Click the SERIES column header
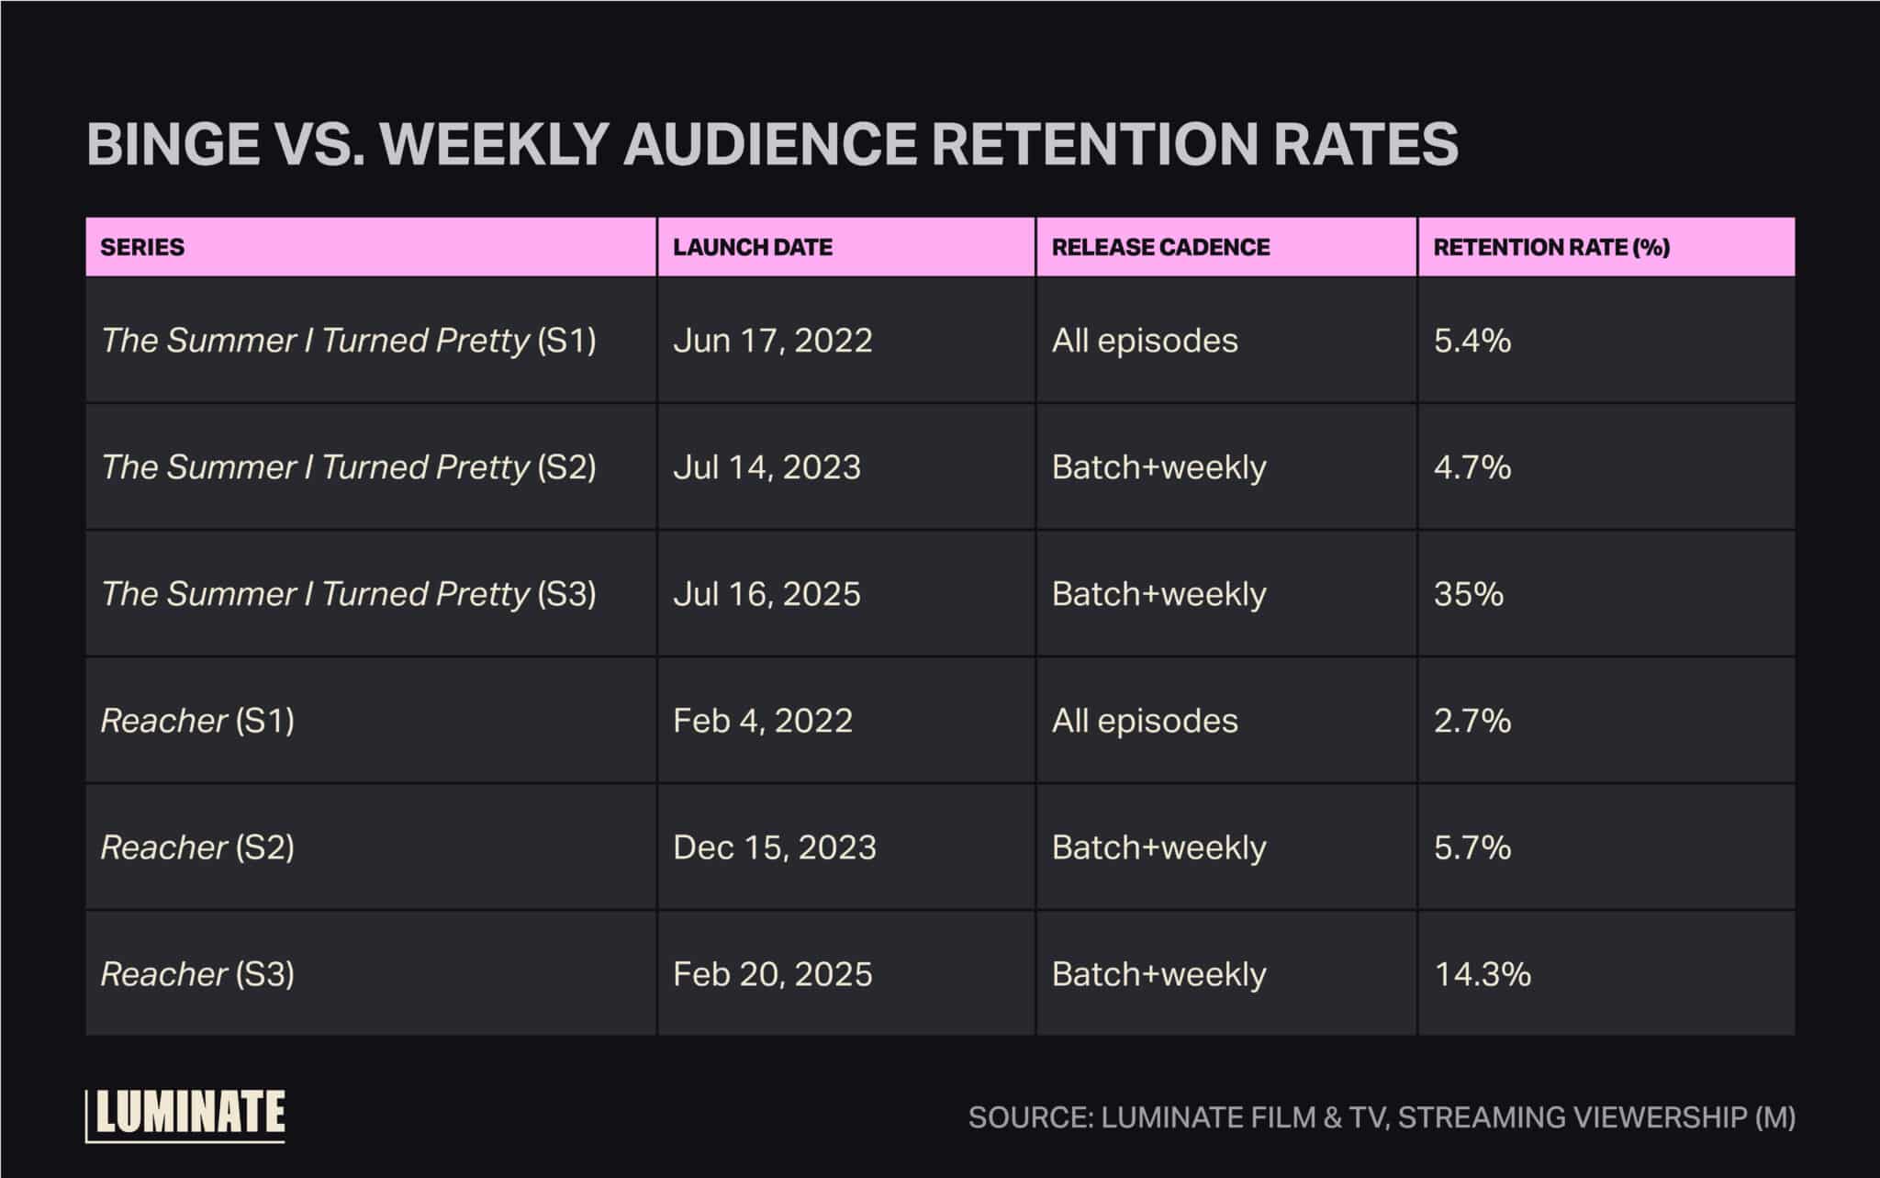pyautogui.click(x=142, y=247)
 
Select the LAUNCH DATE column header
pyautogui.click(x=752, y=247)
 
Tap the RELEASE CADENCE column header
pyautogui.click(x=1160, y=247)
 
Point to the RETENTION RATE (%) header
pyautogui.click(x=1551, y=247)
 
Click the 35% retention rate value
pyautogui.click(x=1469, y=594)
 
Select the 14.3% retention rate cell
pyautogui.click(x=1482, y=974)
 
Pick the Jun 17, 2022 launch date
pyautogui.click(x=772, y=341)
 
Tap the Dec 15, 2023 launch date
pyautogui.click(x=774, y=847)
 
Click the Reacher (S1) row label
pyautogui.click(x=197, y=721)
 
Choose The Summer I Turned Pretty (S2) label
pyautogui.click(x=348, y=467)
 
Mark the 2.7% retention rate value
pyautogui.click(x=1472, y=721)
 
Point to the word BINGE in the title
pyautogui.click(x=173, y=144)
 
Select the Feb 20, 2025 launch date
pyautogui.click(x=772, y=974)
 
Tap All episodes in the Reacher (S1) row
pyautogui.click(x=1144, y=721)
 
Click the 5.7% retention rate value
pyautogui.click(x=1472, y=847)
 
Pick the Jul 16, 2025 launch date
pyautogui.click(x=767, y=594)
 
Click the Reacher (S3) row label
pyautogui.click(x=197, y=974)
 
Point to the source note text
pyautogui.click(x=1381, y=1117)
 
